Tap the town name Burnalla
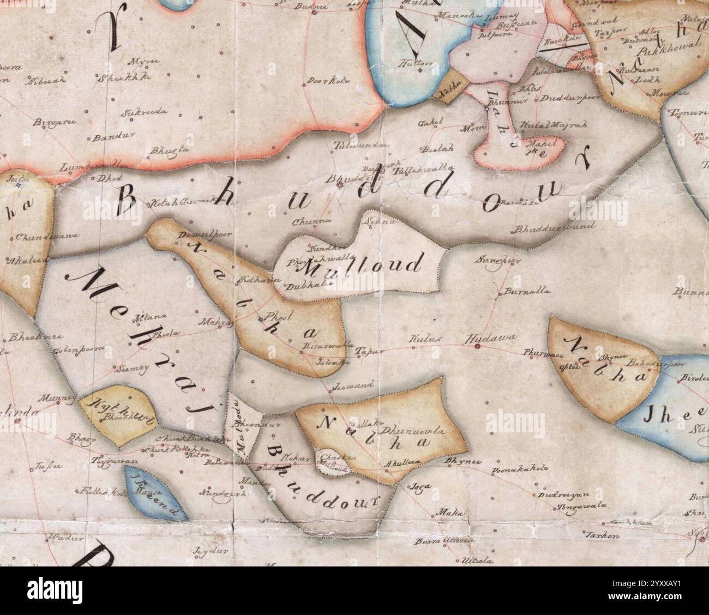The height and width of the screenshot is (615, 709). (521, 292)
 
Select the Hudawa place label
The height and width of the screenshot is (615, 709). (489, 338)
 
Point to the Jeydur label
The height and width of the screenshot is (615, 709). (211, 551)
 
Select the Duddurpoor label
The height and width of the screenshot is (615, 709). (569, 99)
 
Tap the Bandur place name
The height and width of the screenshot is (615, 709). (106, 138)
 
